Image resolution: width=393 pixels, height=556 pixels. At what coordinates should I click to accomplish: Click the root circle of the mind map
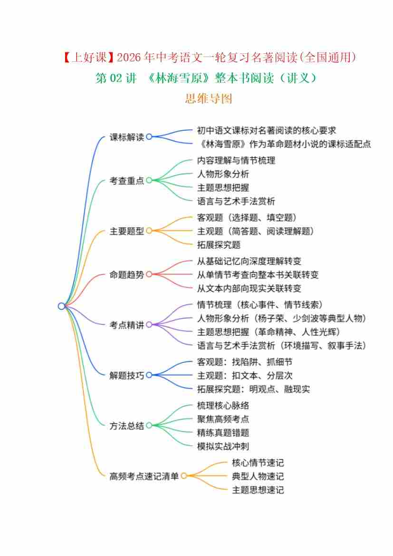tap(62, 306)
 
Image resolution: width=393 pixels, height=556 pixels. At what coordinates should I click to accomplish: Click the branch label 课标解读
tap(126, 137)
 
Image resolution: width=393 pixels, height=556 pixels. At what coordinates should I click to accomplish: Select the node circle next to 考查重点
tap(149, 180)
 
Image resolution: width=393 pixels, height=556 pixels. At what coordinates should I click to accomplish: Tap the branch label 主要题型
tap(126, 231)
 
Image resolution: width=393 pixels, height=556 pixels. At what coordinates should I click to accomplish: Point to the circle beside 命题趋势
tap(149, 274)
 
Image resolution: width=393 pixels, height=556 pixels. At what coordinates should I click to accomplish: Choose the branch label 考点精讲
tap(126, 325)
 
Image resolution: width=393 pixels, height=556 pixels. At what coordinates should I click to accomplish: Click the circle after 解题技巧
tap(149, 375)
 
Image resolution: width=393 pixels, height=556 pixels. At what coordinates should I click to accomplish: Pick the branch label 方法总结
tap(126, 426)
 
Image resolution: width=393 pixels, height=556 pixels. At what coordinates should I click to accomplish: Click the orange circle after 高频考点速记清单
tap(184, 476)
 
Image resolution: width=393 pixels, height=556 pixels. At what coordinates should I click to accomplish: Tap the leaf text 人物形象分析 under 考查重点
tap(223, 174)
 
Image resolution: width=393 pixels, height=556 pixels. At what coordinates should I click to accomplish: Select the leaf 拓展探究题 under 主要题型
tap(219, 244)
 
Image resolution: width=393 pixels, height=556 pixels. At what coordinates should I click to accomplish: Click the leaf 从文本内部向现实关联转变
tap(249, 288)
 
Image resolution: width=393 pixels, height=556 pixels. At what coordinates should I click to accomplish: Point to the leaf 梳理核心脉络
tap(223, 405)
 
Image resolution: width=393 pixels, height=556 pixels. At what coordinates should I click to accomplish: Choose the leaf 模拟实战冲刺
tap(223, 446)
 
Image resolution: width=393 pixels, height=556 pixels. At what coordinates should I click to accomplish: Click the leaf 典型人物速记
tap(258, 476)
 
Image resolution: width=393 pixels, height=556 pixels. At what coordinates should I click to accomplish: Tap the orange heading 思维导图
tap(208, 98)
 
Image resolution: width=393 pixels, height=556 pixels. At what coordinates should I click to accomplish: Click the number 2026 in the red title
tap(129, 57)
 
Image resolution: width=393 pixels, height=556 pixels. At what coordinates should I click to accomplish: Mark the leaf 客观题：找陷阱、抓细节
tap(245, 361)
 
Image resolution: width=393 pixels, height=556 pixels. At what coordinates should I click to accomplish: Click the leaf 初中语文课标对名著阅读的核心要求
tap(267, 130)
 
